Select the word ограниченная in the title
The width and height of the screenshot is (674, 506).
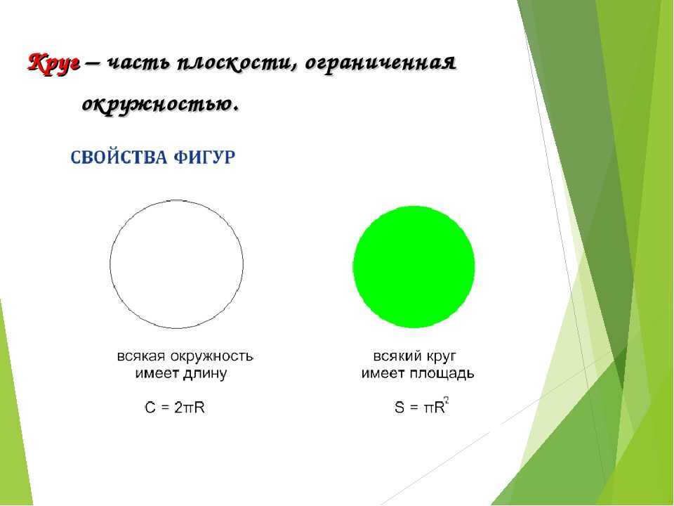(381, 65)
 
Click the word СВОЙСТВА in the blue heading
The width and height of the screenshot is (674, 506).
(119, 157)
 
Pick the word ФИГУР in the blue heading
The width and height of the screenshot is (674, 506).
(204, 157)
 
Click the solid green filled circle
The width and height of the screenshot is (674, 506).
(414, 267)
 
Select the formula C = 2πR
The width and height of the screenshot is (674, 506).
(175, 407)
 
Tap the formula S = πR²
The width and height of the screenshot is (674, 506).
(422, 406)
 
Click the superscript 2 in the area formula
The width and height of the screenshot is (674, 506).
(447, 401)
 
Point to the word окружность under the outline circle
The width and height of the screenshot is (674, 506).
(212, 357)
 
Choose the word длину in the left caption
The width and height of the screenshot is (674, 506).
(205, 374)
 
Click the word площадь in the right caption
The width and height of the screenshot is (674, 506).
(442, 374)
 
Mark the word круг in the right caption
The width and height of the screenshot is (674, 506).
(441, 357)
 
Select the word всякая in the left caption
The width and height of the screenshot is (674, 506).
(141, 357)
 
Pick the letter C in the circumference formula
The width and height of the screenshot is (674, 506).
(150, 407)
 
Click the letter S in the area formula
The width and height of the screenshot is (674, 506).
(399, 407)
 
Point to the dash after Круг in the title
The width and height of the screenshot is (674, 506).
(93, 63)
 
